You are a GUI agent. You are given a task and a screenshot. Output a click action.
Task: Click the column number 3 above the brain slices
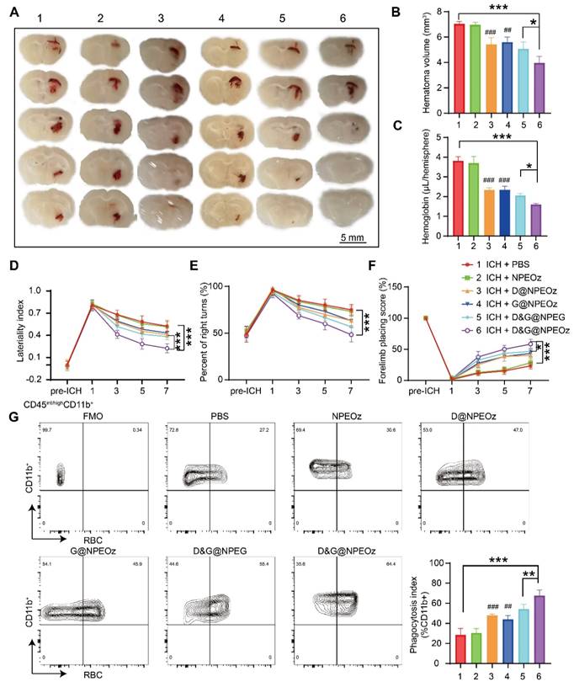158,17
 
